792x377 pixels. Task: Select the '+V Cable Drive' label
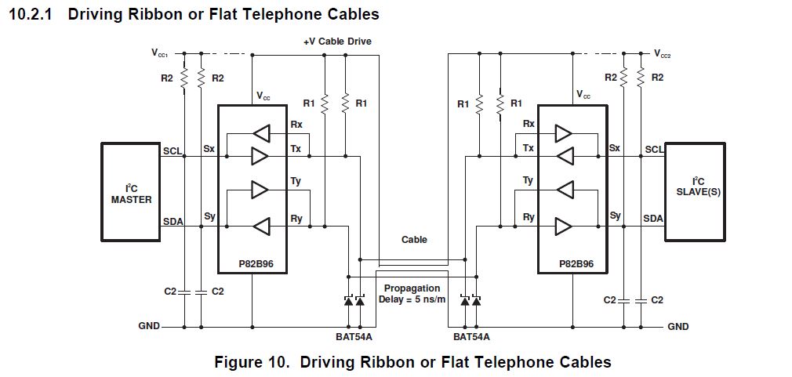(x=337, y=41)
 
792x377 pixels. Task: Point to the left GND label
(x=148, y=325)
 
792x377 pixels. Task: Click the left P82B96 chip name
(x=252, y=264)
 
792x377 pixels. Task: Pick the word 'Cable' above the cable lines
(x=414, y=240)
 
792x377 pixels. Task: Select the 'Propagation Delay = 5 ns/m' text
(x=412, y=294)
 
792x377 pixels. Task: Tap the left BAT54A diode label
(x=353, y=338)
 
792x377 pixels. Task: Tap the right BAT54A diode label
(x=471, y=338)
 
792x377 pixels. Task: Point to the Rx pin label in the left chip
(x=296, y=125)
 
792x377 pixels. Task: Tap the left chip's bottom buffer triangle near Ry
(x=260, y=227)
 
